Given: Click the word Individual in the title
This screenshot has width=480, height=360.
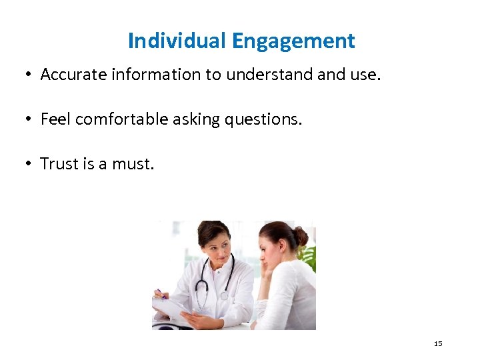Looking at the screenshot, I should pos(177,41).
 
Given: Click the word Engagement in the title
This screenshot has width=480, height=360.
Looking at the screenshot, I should pos(293,41).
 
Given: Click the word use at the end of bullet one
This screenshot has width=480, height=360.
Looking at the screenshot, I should pos(363,75).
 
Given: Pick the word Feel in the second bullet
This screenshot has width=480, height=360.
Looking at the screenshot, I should pos(56,119).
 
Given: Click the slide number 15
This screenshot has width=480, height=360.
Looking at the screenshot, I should pos(438,343).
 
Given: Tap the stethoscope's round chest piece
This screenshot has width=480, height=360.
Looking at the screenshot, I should pos(224,295).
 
